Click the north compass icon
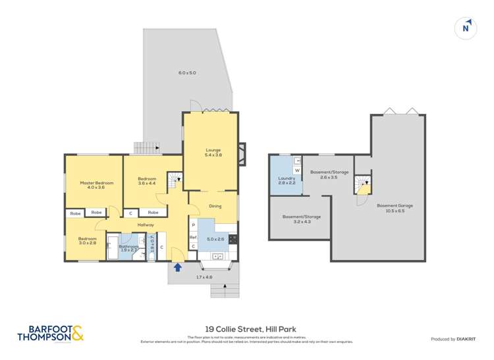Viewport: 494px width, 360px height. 466,28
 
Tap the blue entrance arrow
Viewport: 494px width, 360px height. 177,267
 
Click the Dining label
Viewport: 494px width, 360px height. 215,206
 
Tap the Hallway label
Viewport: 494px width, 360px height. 146,225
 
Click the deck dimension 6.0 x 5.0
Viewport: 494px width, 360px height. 187,72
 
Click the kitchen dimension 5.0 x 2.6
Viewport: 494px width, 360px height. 215,239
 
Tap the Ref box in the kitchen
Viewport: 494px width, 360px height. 193,236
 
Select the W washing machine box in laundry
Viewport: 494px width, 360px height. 297,170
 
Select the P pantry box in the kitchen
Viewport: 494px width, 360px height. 193,225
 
